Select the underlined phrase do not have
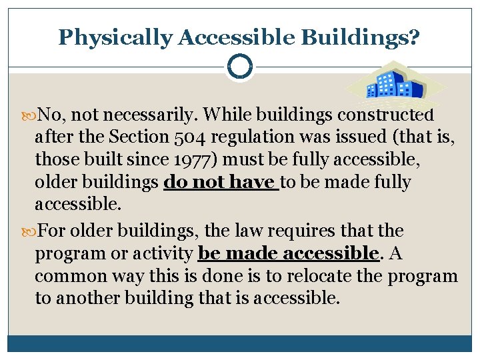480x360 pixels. tap(221, 182)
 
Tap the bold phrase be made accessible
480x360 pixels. tap(289, 253)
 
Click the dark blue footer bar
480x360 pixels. tap(239, 343)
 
